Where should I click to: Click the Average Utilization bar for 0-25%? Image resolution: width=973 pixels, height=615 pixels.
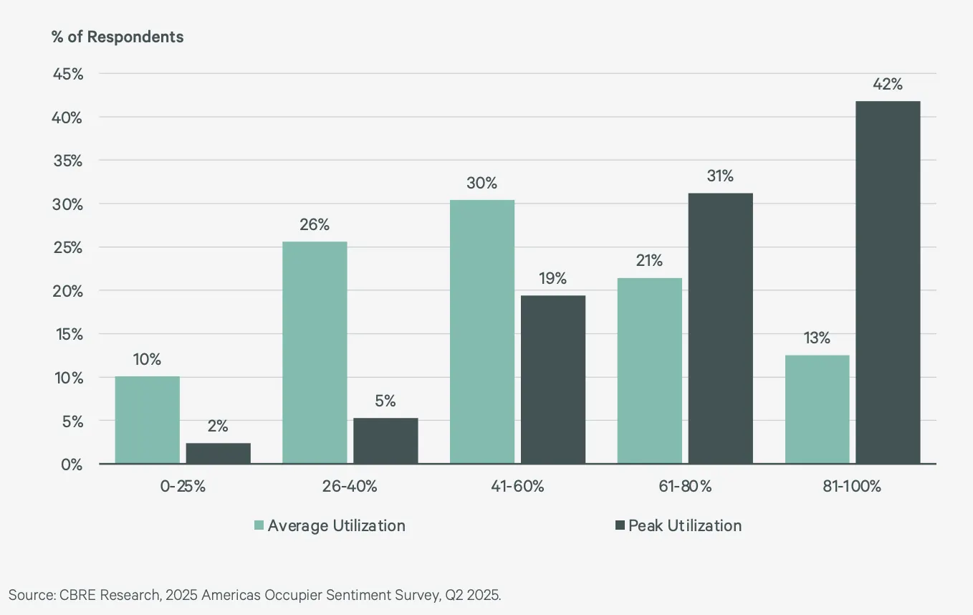[x=147, y=420]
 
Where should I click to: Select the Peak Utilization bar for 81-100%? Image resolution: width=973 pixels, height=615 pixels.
[x=888, y=282]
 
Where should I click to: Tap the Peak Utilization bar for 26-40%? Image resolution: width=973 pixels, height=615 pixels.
[x=385, y=441]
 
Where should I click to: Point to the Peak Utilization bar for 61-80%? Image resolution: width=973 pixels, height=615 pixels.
[x=720, y=328]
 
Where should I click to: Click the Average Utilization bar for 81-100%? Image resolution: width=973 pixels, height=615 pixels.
[x=817, y=409]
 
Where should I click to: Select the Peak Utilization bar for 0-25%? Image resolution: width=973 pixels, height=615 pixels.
[x=218, y=454]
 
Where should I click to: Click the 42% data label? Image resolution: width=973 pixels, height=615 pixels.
[x=887, y=85]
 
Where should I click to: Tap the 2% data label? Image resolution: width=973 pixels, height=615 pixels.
[x=218, y=426]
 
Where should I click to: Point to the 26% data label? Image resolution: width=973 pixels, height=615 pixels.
[x=315, y=225]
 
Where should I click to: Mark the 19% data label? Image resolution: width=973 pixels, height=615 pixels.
[x=552, y=279]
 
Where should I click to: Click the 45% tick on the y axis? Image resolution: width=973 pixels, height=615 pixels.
[x=67, y=74]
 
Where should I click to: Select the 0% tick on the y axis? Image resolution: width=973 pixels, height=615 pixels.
[x=71, y=464]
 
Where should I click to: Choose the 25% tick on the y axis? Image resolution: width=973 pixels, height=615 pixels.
[x=67, y=247]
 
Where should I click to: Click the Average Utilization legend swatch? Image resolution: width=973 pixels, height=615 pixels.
[x=259, y=525]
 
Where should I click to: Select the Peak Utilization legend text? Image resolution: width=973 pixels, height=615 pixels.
[x=684, y=525]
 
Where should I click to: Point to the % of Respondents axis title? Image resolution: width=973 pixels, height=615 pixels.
[x=118, y=37]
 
